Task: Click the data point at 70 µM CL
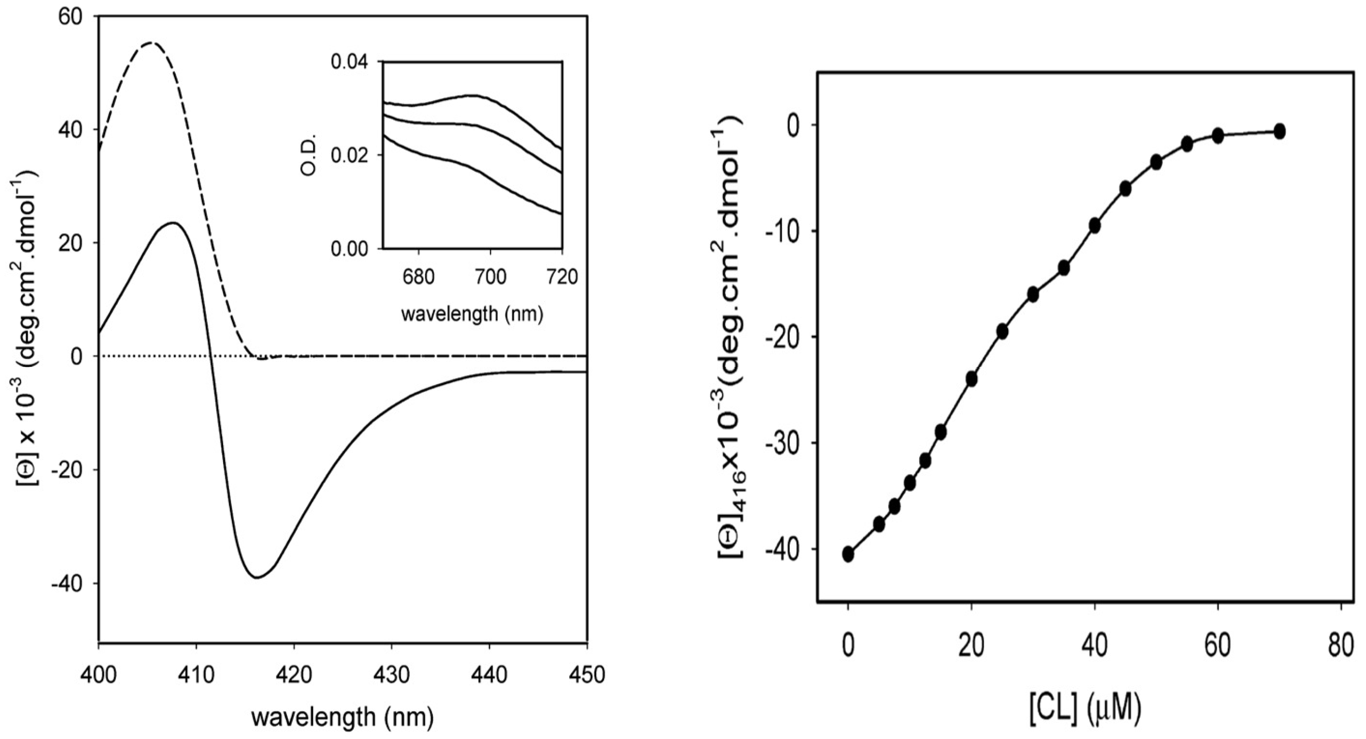tap(1279, 131)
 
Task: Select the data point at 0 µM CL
tap(848, 554)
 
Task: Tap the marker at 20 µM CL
tap(972, 380)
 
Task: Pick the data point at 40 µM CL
tap(1095, 226)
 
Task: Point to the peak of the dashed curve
tap(152, 43)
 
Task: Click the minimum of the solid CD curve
tap(258, 577)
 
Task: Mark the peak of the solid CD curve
tap(173, 223)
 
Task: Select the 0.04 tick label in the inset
tap(349, 62)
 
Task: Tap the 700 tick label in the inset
tap(489, 277)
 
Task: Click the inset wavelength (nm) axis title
tap(472, 314)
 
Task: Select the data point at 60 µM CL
tap(1217, 135)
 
